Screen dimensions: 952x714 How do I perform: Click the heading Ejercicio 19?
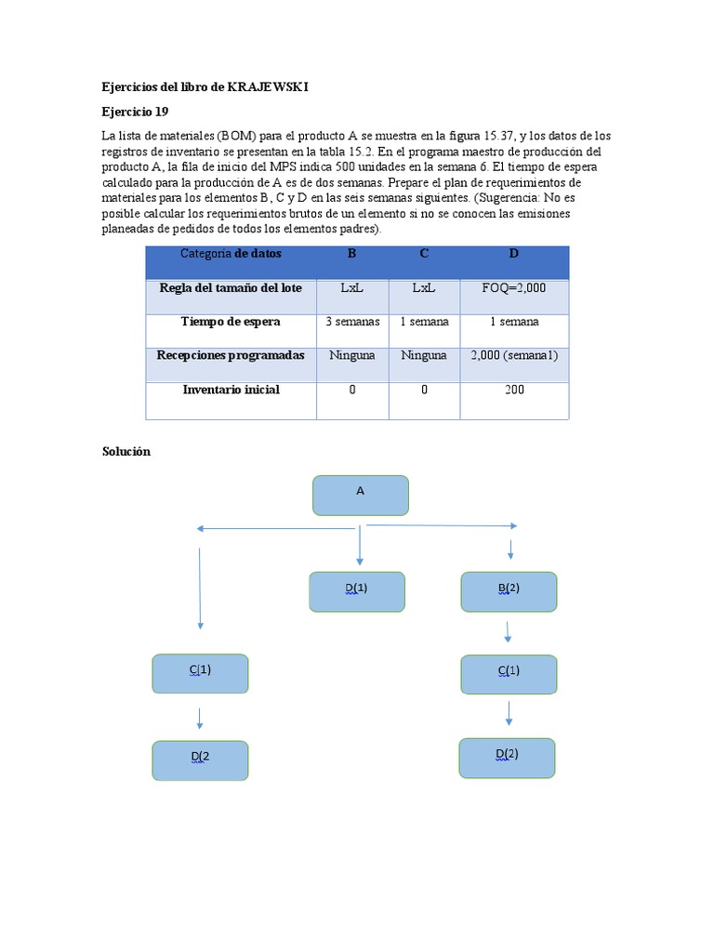(135, 112)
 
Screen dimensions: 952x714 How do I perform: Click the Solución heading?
(126, 451)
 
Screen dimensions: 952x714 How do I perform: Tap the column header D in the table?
(514, 254)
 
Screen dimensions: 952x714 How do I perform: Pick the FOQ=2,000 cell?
(514, 288)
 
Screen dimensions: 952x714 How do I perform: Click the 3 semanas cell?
(352, 322)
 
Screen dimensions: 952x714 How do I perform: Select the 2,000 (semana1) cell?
(514, 355)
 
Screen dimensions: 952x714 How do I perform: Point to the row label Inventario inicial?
(231, 390)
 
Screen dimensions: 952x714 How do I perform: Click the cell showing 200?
(514, 390)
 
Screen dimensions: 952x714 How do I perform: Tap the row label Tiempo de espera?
(231, 322)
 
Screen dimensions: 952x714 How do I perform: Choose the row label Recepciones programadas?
(231, 355)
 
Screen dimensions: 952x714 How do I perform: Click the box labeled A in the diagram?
(361, 495)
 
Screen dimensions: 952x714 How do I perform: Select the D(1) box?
(357, 591)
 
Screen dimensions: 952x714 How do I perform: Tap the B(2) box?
(509, 591)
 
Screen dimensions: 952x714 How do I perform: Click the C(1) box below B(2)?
(509, 674)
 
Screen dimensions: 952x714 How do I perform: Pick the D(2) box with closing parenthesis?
(507, 757)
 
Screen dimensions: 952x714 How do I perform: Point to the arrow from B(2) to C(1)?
(508, 632)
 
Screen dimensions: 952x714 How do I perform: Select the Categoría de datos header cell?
(231, 254)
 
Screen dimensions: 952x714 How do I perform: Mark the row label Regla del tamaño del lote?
(231, 288)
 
